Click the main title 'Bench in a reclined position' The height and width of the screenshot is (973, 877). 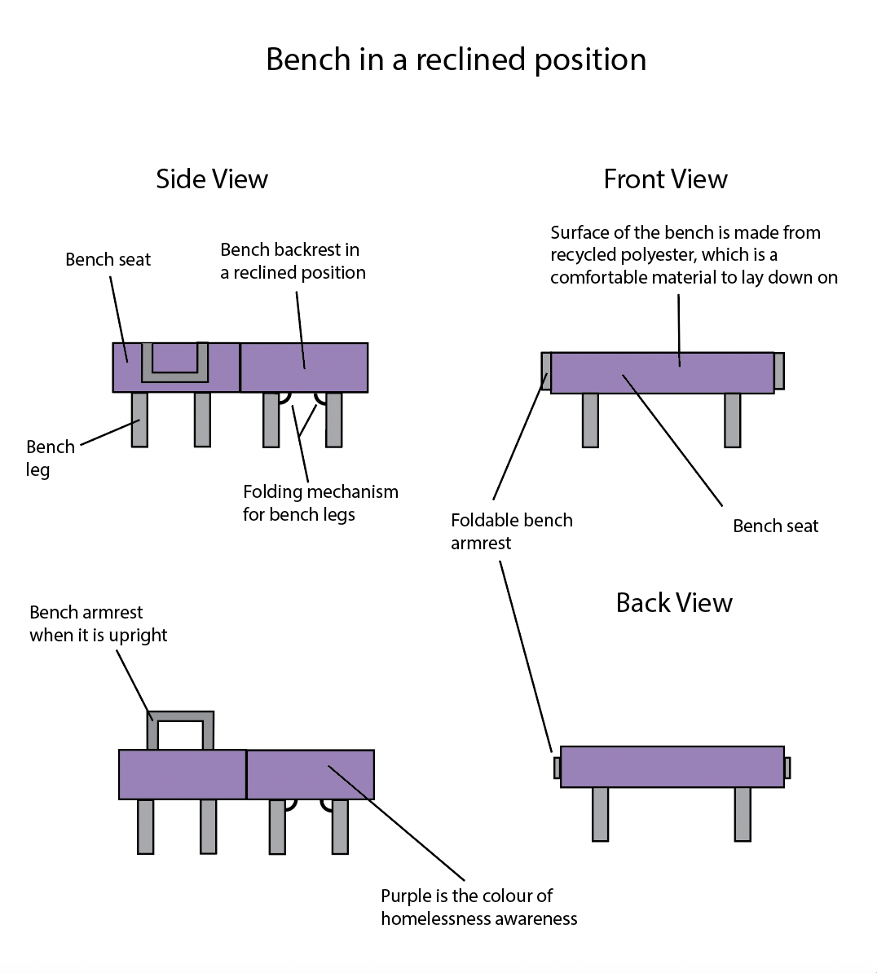(456, 60)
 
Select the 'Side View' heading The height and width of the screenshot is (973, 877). (212, 179)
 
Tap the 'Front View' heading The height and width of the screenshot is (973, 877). (665, 179)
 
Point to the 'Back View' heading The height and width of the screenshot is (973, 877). (674, 603)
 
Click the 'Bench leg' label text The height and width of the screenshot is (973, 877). (50, 458)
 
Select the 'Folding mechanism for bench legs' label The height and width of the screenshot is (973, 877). (320, 503)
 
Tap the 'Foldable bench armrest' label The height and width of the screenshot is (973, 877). (511, 531)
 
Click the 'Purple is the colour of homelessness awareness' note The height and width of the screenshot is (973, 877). (478, 907)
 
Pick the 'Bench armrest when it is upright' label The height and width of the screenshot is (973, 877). (98, 623)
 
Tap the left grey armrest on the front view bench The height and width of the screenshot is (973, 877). (546, 370)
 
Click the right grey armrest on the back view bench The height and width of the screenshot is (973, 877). (787, 768)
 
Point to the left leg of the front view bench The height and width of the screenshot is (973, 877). (590, 420)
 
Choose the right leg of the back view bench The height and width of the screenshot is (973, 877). (742, 813)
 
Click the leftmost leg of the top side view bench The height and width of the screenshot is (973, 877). (139, 419)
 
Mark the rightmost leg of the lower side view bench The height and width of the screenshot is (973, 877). (340, 826)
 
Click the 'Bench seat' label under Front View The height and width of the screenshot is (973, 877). (775, 526)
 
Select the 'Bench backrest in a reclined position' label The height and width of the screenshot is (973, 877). (293, 261)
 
